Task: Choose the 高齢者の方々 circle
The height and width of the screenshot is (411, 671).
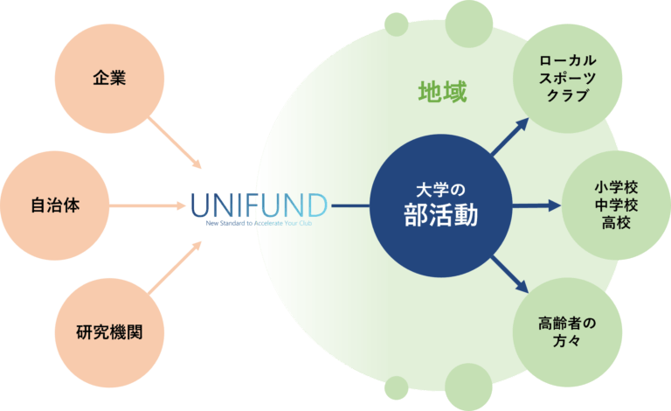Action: (x=568, y=332)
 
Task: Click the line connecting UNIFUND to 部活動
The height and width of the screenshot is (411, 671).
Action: (x=349, y=206)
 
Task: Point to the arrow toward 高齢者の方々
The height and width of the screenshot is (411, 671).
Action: (x=511, y=275)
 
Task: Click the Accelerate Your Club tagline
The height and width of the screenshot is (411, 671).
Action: (x=278, y=223)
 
